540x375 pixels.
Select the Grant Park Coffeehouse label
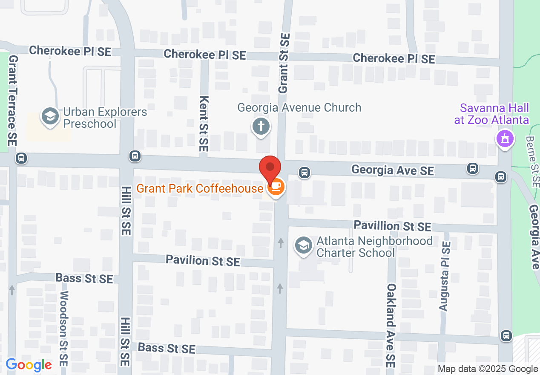click(199, 188)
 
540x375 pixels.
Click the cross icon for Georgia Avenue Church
click(261, 127)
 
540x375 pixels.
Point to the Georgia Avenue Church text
click(299, 107)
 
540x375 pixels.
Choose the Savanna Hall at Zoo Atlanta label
click(491, 114)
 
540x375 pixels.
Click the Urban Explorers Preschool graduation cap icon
click(50, 116)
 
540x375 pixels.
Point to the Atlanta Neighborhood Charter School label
click(374, 247)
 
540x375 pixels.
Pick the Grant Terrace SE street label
click(12, 101)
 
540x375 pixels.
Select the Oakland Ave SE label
click(391, 326)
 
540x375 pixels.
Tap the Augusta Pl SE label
click(445, 276)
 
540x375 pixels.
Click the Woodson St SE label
click(65, 326)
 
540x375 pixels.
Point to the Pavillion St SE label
click(393, 226)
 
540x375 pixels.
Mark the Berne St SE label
click(532, 161)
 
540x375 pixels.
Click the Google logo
click(29, 365)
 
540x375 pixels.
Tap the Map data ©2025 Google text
click(488, 369)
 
